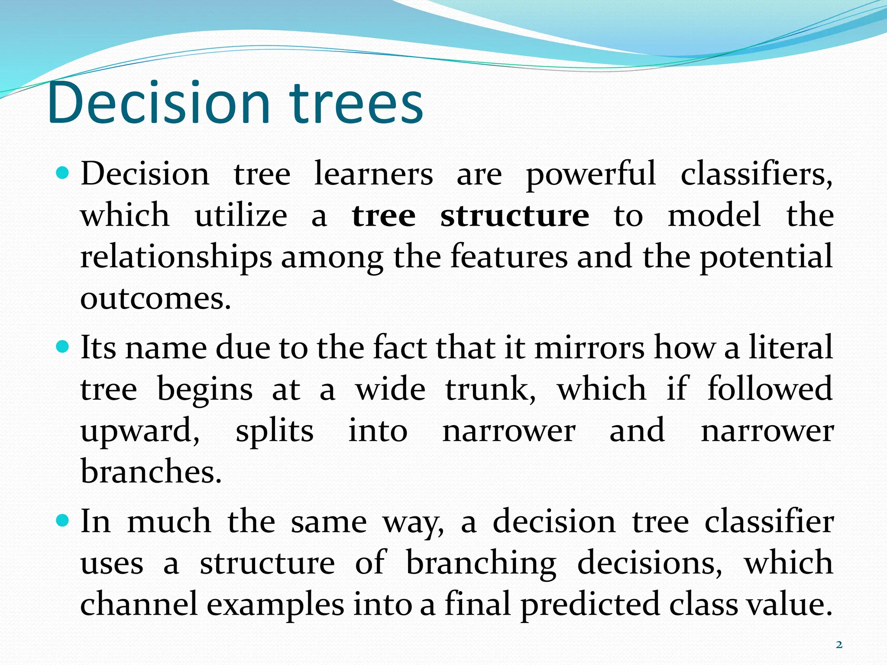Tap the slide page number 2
[x=839, y=645]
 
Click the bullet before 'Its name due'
[x=63, y=347]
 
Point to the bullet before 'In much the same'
[x=63, y=520]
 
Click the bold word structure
[x=515, y=215]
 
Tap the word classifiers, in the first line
[x=756, y=174]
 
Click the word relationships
[x=176, y=257]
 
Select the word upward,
[x=140, y=431]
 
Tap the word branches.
[x=151, y=471]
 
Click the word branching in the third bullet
[x=481, y=563]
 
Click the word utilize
[x=241, y=215]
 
